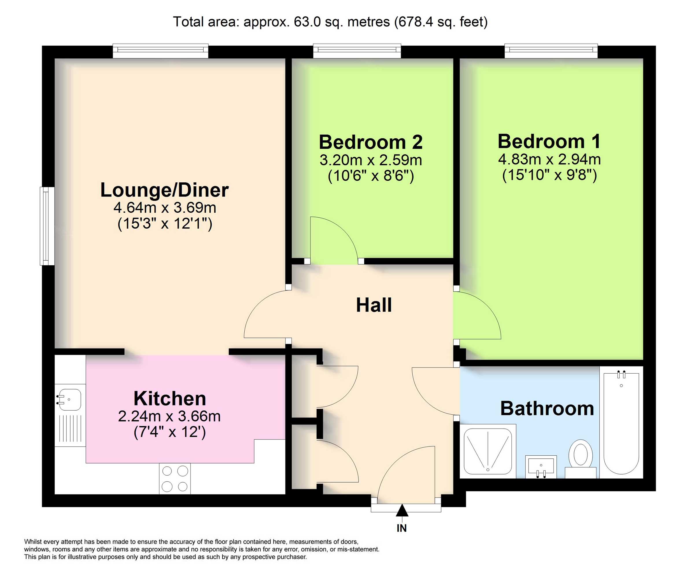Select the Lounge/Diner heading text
164,190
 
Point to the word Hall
374,305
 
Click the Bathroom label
547,409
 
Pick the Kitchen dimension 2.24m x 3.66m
169,416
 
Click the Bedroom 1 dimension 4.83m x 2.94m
549,160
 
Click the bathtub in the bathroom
621,422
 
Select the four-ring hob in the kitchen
175,479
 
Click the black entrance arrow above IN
402,511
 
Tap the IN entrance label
402,528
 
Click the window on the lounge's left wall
47,226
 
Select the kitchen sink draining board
70,428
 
